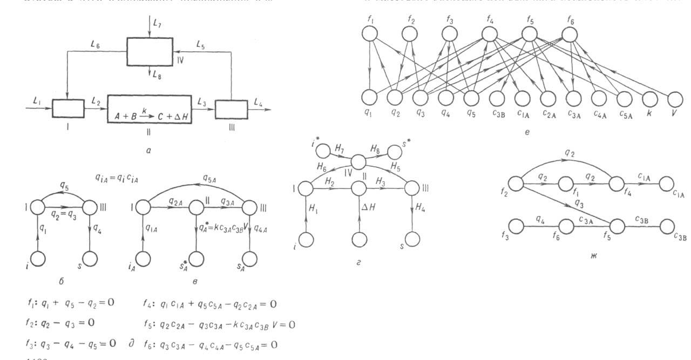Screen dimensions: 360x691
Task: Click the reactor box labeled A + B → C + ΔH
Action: (x=150, y=108)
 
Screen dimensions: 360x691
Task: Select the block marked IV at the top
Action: (x=150, y=51)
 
